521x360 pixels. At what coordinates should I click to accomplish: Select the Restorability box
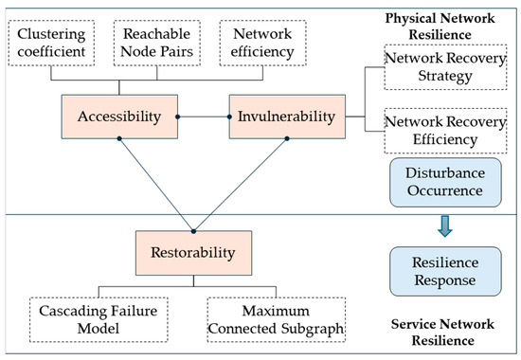pyautogui.click(x=191, y=253)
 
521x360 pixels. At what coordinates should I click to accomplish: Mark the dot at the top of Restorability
pyautogui.click(x=192, y=230)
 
